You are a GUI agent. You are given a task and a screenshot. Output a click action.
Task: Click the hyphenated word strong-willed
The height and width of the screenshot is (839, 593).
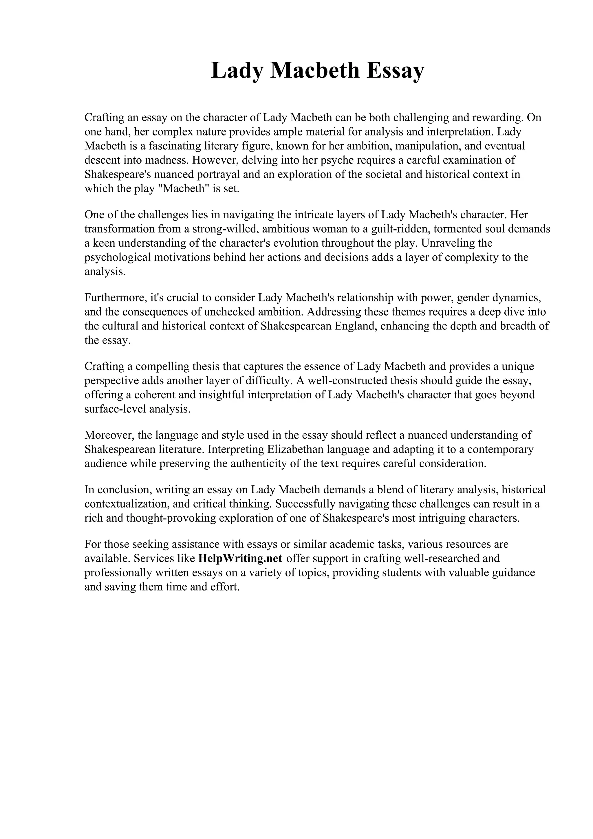click(224, 229)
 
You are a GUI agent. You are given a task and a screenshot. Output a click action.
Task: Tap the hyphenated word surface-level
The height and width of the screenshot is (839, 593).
click(115, 409)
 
